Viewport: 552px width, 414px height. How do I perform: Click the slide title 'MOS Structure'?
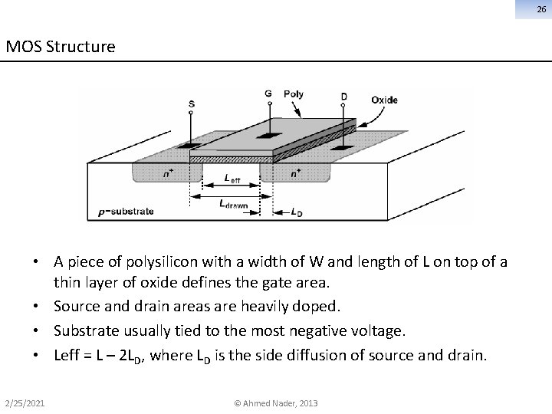(x=61, y=47)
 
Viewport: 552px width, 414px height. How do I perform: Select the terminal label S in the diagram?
(x=191, y=104)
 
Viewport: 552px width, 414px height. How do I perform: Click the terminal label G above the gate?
(x=268, y=94)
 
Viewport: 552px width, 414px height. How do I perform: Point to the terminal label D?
(x=344, y=97)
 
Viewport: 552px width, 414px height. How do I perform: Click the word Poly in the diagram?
(x=294, y=94)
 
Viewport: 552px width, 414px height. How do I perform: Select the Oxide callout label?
(x=384, y=100)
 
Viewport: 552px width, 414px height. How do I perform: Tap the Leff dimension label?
(x=232, y=179)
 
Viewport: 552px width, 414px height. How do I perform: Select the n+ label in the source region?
(x=167, y=174)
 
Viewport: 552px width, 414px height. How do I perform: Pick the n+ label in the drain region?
(x=296, y=174)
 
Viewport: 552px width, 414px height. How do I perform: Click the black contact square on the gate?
(x=269, y=135)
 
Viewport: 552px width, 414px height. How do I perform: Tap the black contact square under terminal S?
(x=190, y=145)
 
